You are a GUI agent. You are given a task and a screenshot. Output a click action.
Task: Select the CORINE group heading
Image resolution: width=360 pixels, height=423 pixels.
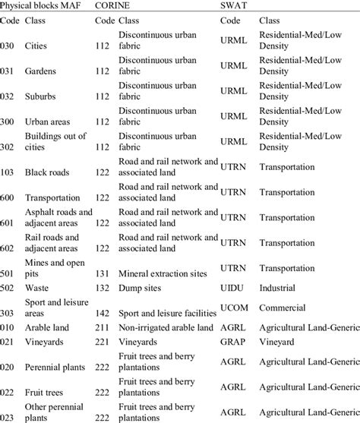113,5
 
